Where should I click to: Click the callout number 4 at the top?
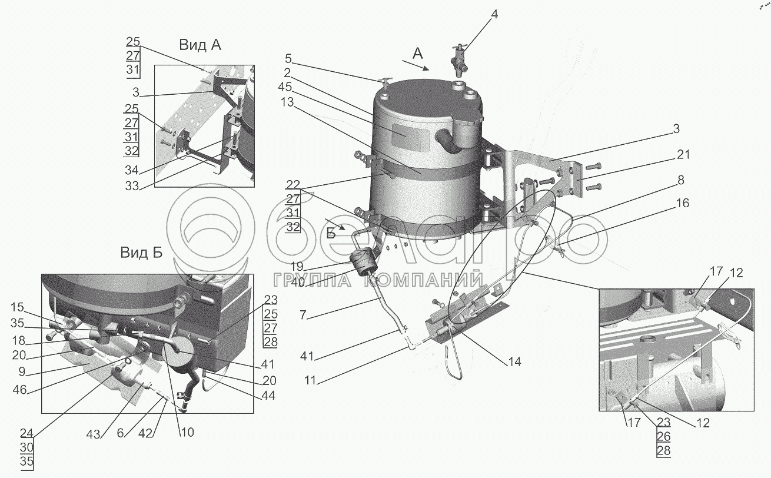494,15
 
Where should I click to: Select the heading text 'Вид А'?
200,45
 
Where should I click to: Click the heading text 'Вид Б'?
141,253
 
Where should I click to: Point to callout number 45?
285,87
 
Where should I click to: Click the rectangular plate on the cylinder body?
411,137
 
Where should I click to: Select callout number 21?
683,155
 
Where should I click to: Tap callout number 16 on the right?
683,203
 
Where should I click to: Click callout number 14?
514,361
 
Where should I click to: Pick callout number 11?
310,381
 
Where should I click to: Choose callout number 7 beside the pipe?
303,315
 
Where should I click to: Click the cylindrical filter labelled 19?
364,263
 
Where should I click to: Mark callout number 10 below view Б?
187,432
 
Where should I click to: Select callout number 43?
93,434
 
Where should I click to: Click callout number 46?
19,390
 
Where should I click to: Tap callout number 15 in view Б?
17,307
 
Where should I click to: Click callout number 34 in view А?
131,170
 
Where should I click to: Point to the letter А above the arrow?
417,54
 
